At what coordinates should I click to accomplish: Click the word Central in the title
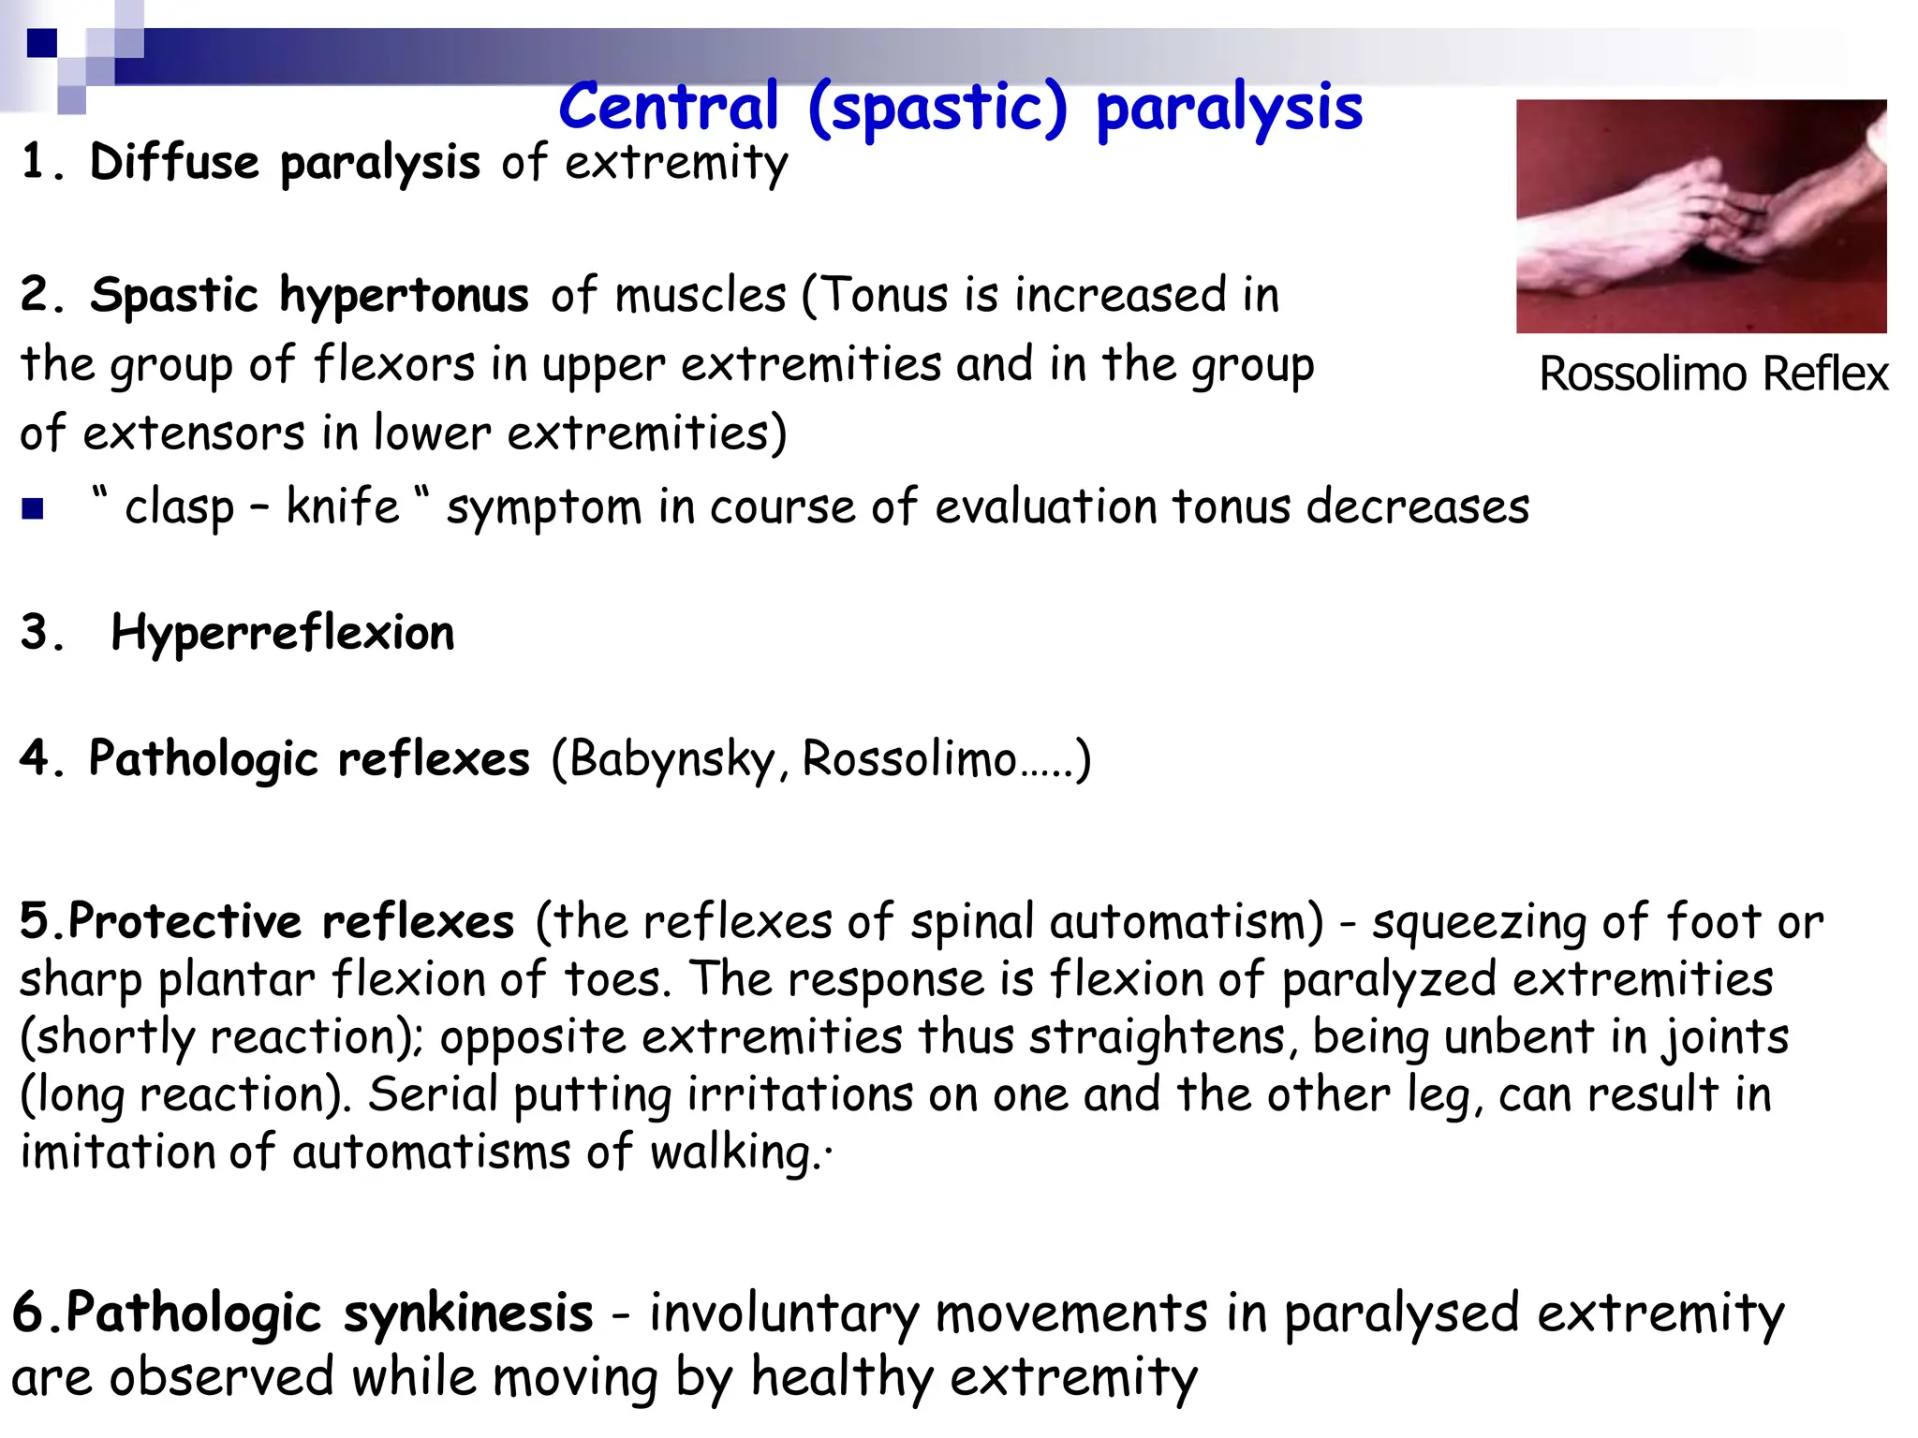pyautogui.click(x=669, y=107)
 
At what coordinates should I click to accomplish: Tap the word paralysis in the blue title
pyautogui.click(x=1229, y=109)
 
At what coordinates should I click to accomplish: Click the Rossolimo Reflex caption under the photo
pyautogui.click(x=1713, y=374)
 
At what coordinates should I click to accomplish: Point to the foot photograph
pyautogui.click(x=1701, y=216)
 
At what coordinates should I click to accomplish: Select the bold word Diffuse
pyautogui.click(x=174, y=162)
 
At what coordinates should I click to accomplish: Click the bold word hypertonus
pyautogui.click(x=404, y=296)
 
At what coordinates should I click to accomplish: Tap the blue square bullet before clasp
pyautogui.click(x=33, y=508)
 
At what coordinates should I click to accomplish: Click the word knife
pyautogui.click(x=343, y=506)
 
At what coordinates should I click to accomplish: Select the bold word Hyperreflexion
pyautogui.click(x=283, y=633)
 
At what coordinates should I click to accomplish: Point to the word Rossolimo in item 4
pyautogui.click(x=909, y=759)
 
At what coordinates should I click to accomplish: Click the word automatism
pyautogui.click(x=1186, y=921)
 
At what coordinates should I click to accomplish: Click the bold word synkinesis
pyautogui.click(x=468, y=1313)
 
